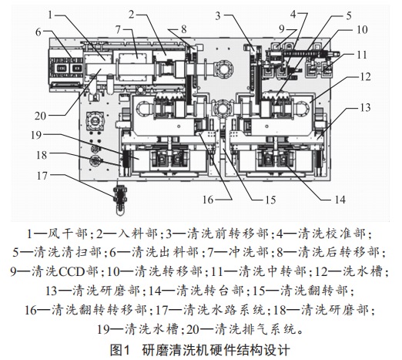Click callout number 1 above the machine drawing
50,15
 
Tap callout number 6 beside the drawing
39,32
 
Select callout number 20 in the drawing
40,116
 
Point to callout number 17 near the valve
42,176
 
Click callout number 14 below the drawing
340,200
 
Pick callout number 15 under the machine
270,200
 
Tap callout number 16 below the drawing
208,200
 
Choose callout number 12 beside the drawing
365,76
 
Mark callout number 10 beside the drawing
362,30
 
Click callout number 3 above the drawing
218,15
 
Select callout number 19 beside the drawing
36,135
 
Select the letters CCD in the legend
72,271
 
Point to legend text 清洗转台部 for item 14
210,291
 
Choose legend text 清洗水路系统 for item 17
224,310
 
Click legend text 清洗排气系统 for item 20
256,329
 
